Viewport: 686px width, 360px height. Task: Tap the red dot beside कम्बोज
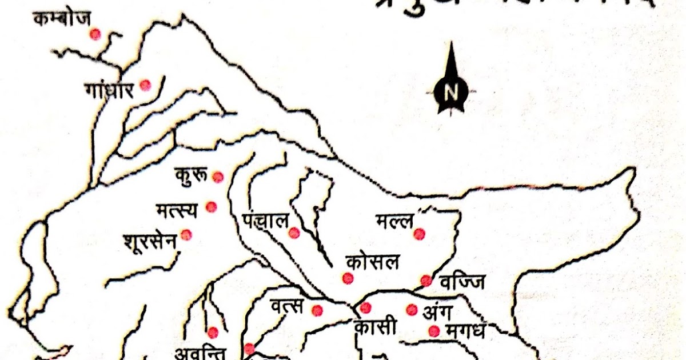click(95, 34)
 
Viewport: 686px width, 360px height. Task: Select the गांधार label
click(109, 90)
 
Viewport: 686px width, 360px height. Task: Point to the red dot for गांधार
click(145, 85)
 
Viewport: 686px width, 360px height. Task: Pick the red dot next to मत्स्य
click(212, 207)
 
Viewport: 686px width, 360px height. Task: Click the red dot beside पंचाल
click(294, 233)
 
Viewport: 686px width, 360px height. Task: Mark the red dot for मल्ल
click(420, 234)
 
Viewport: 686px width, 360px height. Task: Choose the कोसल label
click(372, 263)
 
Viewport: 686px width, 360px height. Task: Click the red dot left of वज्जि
click(426, 280)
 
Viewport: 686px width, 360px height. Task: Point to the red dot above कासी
click(366, 308)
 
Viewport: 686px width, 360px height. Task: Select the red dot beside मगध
click(434, 331)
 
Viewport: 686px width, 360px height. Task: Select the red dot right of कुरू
click(218, 177)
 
